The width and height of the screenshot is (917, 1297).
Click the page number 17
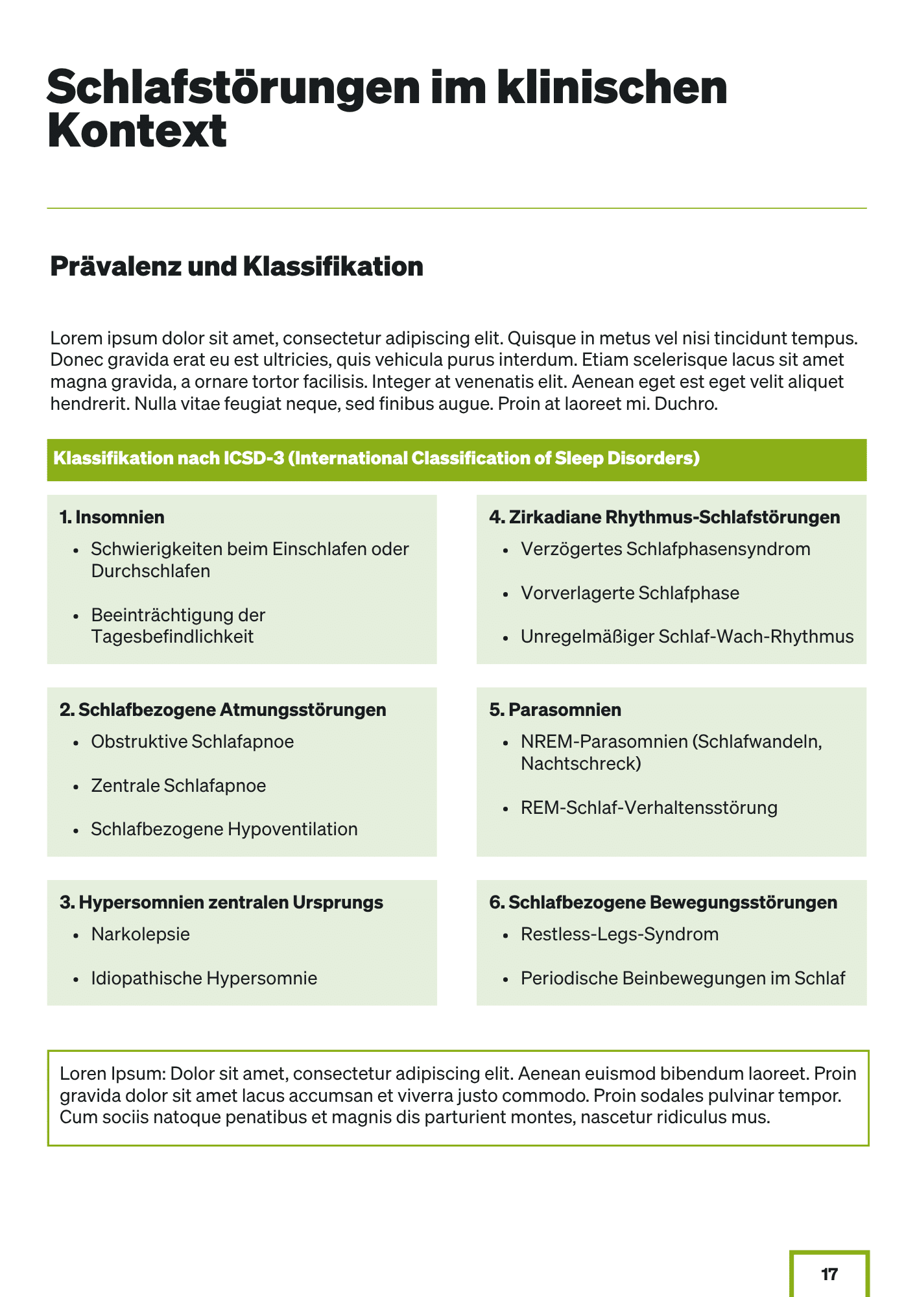coord(829,1274)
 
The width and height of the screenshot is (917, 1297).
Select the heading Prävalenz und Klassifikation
coord(237,267)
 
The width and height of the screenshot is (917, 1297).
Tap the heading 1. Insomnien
coord(112,517)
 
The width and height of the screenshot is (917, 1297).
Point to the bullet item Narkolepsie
coord(140,934)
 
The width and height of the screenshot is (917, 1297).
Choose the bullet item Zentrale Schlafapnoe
coord(178,785)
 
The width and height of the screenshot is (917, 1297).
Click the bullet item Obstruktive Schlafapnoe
coord(192,741)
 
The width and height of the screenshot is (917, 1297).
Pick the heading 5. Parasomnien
coord(555,709)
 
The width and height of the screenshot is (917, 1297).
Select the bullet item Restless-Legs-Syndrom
coord(619,934)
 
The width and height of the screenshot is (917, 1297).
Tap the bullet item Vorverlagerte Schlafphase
coord(630,593)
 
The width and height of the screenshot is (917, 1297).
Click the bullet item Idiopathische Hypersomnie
coord(204,978)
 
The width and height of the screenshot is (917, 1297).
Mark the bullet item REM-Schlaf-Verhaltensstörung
coord(649,807)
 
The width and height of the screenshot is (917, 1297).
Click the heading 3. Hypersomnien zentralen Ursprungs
coord(221,902)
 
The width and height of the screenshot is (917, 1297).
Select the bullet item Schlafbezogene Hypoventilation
coord(224,829)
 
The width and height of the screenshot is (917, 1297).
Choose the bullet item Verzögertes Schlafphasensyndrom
coord(665,549)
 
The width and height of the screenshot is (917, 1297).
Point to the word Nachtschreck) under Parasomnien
coord(580,763)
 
